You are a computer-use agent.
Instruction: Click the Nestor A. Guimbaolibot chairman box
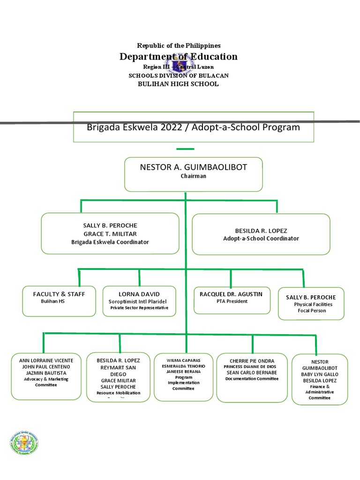click(193, 174)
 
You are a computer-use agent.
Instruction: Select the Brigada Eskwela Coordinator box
click(110, 233)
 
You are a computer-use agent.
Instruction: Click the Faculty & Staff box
click(59, 301)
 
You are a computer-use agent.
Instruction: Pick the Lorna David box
click(139, 301)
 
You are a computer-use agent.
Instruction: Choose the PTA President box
click(232, 300)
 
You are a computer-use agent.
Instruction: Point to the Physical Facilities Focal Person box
click(311, 303)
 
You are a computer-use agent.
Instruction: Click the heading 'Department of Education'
click(179, 57)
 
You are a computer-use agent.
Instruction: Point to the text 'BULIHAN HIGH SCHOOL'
click(179, 84)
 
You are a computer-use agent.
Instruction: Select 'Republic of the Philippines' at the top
click(179, 45)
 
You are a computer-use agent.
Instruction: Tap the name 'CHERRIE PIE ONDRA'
click(252, 360)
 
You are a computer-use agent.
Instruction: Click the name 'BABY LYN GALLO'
click(319, 375)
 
